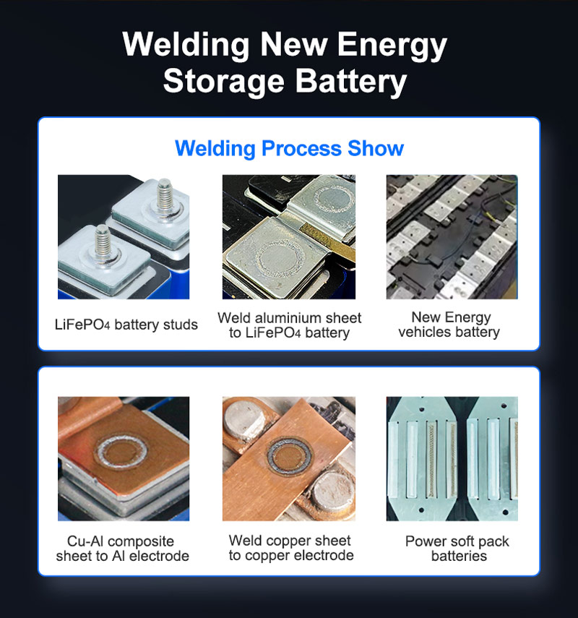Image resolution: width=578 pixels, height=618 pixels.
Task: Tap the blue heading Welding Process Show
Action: point(289,149)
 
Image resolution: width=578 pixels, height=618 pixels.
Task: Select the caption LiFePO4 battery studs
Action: point(126,325)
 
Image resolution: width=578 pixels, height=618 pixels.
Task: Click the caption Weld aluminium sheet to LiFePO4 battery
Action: point(289,325)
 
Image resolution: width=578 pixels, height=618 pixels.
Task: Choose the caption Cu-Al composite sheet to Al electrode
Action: point(122,549)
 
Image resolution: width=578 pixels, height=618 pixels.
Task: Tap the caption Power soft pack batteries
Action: point(458,549)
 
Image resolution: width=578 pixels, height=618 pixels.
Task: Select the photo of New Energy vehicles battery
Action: point(452,237)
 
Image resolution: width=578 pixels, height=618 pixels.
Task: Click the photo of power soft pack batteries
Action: point(452,459)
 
